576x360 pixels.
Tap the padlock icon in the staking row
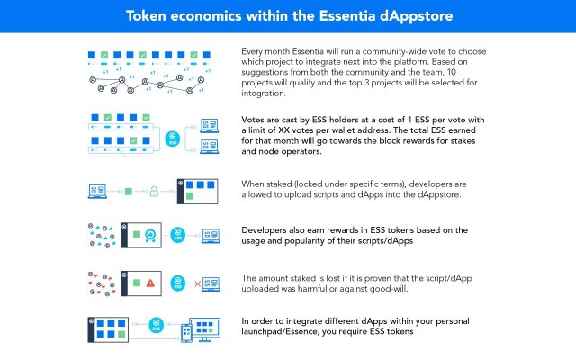pos(154,192)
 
